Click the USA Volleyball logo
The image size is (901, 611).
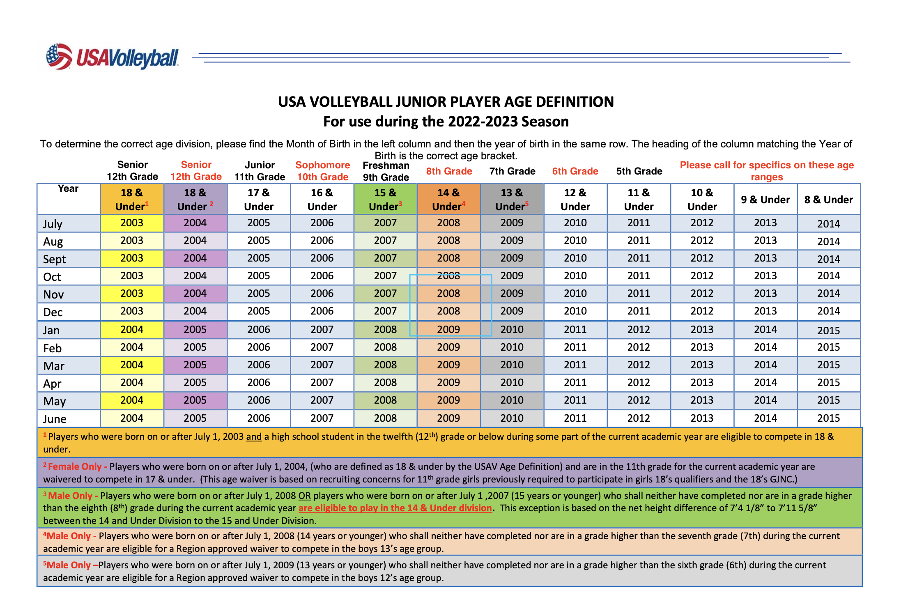point(112,57)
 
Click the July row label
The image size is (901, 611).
point(53,224)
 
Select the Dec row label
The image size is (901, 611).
point(53,312)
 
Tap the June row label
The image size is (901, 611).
point(55,419)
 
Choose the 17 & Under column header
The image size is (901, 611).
point(259,199)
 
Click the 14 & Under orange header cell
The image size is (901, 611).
point(448,199)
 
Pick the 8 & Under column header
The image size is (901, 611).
point(828,200)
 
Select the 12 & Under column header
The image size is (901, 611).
point(575,199)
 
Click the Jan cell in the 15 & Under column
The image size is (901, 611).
point(385,330)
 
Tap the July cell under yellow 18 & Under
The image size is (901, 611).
point(132,223)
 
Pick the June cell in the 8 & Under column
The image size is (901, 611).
point(828,418)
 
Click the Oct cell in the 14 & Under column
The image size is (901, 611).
point(448,276)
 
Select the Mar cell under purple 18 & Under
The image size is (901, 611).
point(195,365)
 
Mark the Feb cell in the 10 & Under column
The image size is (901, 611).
point(702,347)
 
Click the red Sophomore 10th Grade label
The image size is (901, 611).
point(323,171)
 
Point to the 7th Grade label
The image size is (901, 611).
point(512,171)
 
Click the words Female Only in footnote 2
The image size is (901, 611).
point(75,466)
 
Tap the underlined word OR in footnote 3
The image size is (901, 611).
point(304,496)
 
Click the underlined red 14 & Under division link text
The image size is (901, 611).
point(395,508)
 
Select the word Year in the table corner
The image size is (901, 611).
point(68,188)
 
